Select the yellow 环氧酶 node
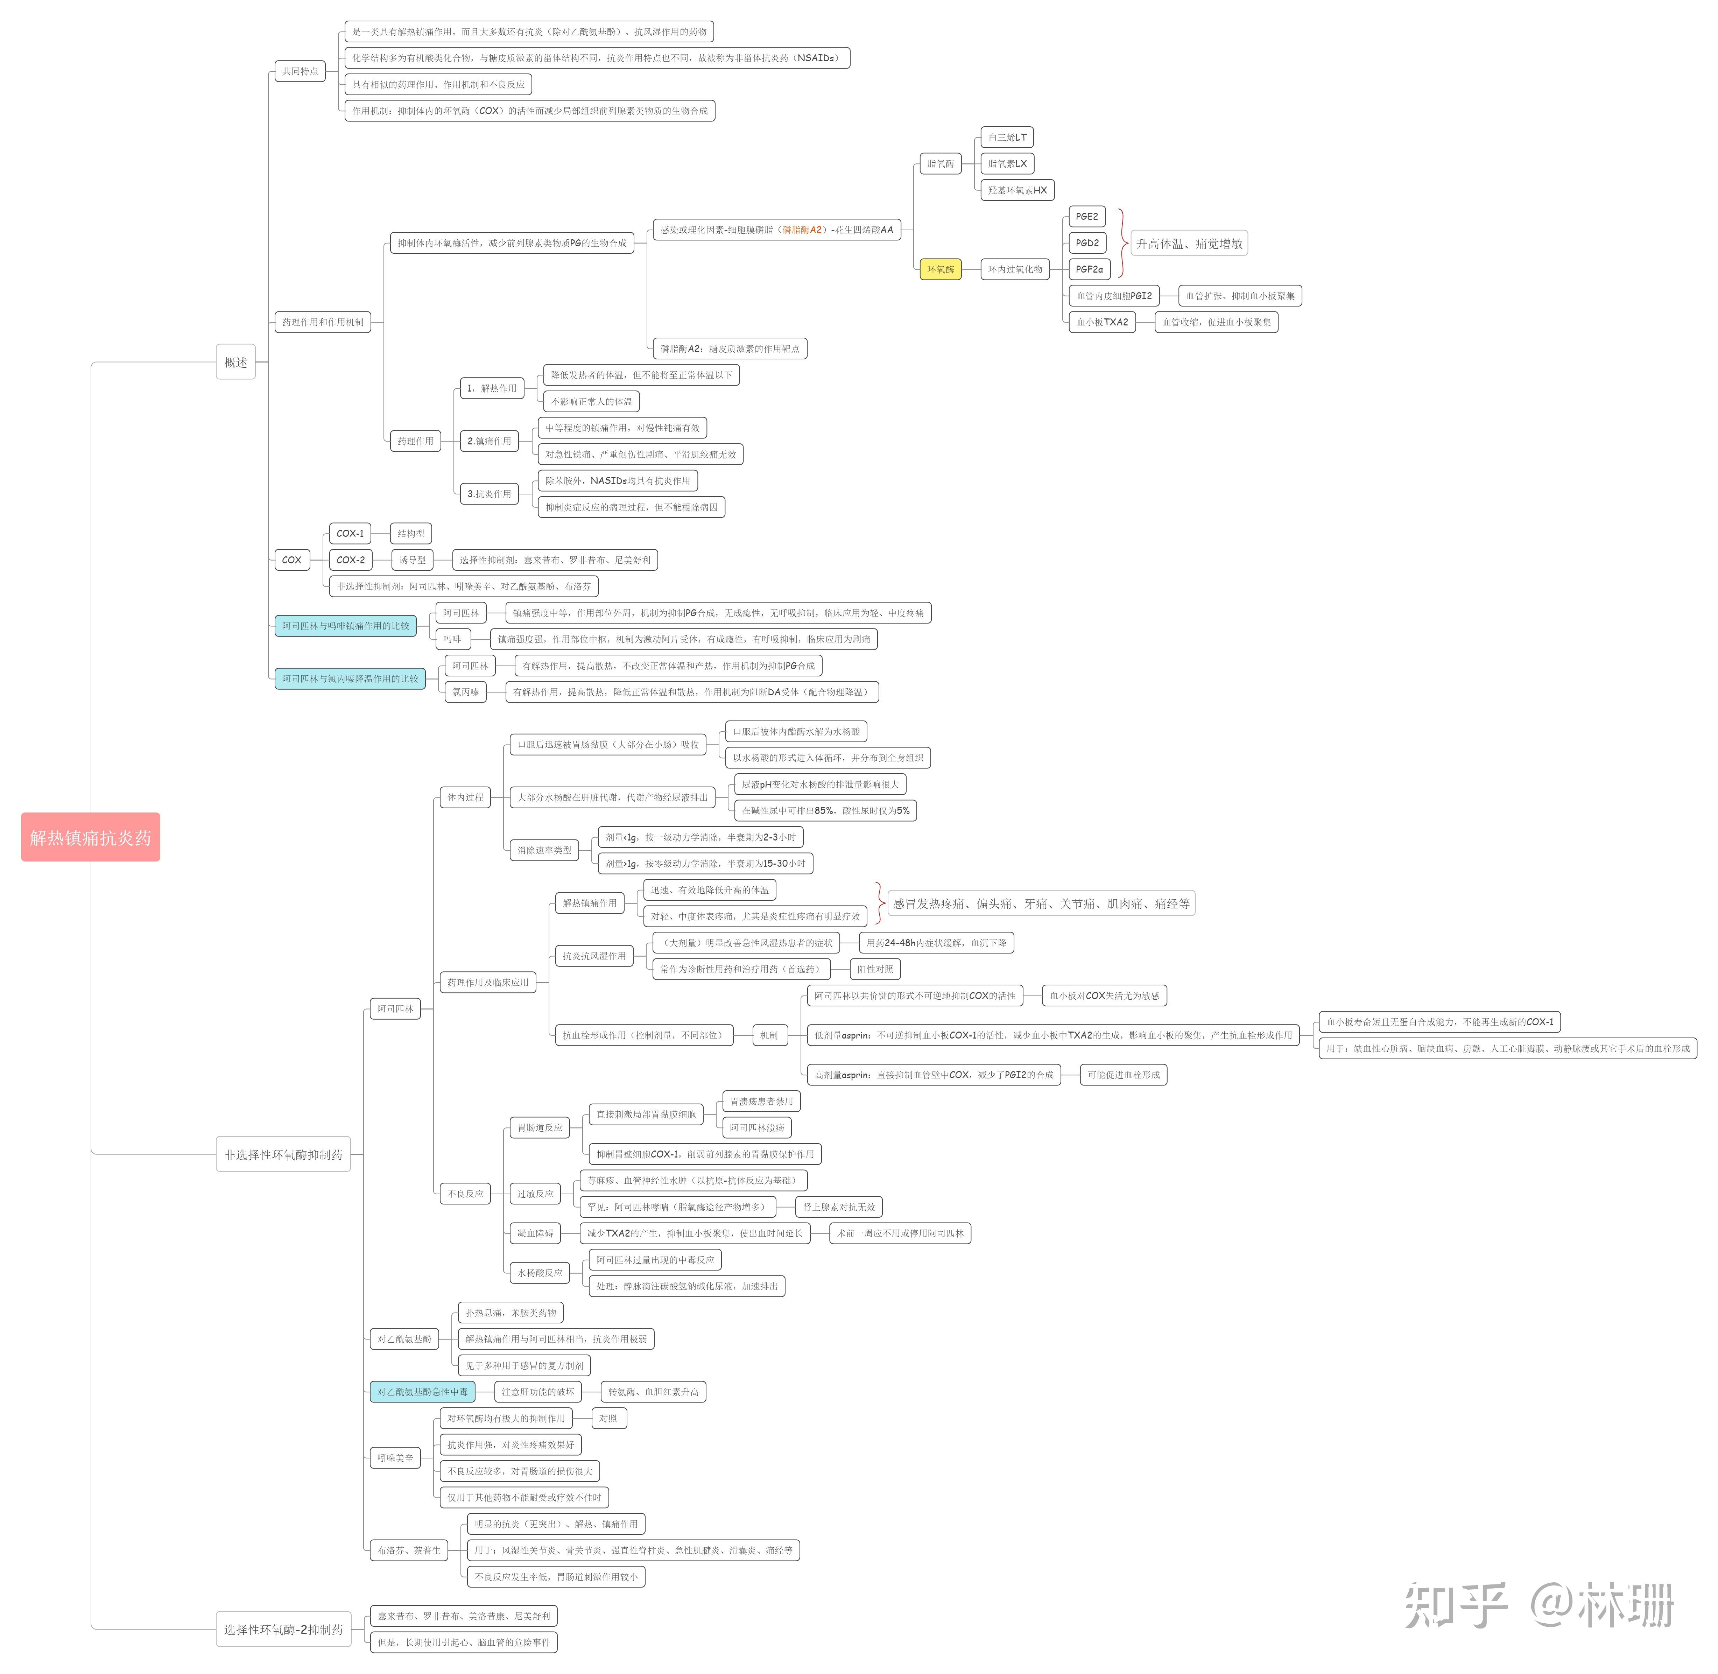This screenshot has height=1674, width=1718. [940, 269]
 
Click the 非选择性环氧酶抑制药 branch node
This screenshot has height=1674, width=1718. [283, 1154]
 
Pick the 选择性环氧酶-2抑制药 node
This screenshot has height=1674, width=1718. [283, 1629]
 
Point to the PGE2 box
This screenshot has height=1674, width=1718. [1087, 216]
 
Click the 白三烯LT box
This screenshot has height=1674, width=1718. [1007, 137]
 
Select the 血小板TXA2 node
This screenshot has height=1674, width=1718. [1102, 322]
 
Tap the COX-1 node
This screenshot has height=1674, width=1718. [350, 533]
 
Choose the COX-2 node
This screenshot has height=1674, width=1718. [350, 559]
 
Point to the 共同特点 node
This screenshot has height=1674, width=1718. [300, 71]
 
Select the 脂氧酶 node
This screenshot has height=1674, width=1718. [940, 163]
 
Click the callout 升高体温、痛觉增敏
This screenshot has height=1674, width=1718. [1189, 244]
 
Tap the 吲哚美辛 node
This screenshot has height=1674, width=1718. [395, 1458]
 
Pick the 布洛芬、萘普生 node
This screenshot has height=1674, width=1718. [409, 1550]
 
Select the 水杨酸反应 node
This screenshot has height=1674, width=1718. [540, 1272]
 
